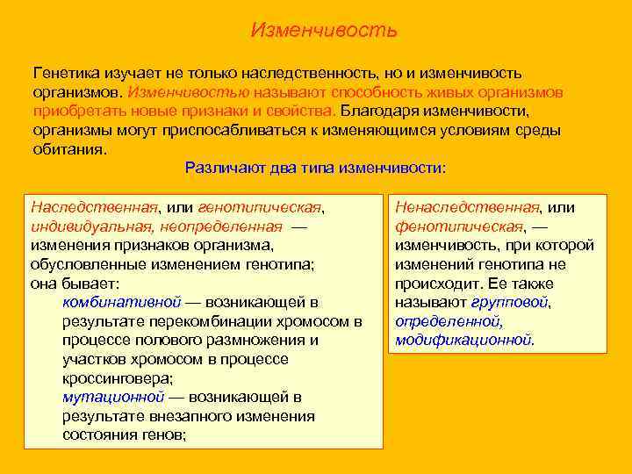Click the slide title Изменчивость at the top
324,31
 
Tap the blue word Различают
224,168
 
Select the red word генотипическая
261,207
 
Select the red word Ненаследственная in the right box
466,207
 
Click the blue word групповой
510,302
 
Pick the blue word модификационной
463,340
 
